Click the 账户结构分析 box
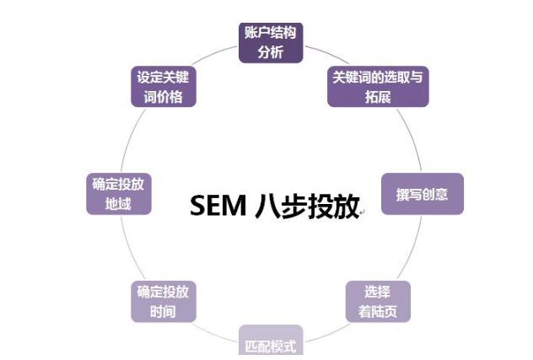click(270, 41)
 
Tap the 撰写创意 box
click(422, 194)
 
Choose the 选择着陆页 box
click(377, 301)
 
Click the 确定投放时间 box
click(163, 301)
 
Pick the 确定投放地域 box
click(118, 194)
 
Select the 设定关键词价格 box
click(163, 86)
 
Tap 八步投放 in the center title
click(308, 206)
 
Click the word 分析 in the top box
click(270, 51)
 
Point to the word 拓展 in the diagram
click(377, 96)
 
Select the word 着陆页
click(377, 311)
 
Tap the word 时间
click(163, 311)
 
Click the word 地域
click(118, 204)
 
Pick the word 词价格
click(163, 96)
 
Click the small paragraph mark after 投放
click(363, 212)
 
